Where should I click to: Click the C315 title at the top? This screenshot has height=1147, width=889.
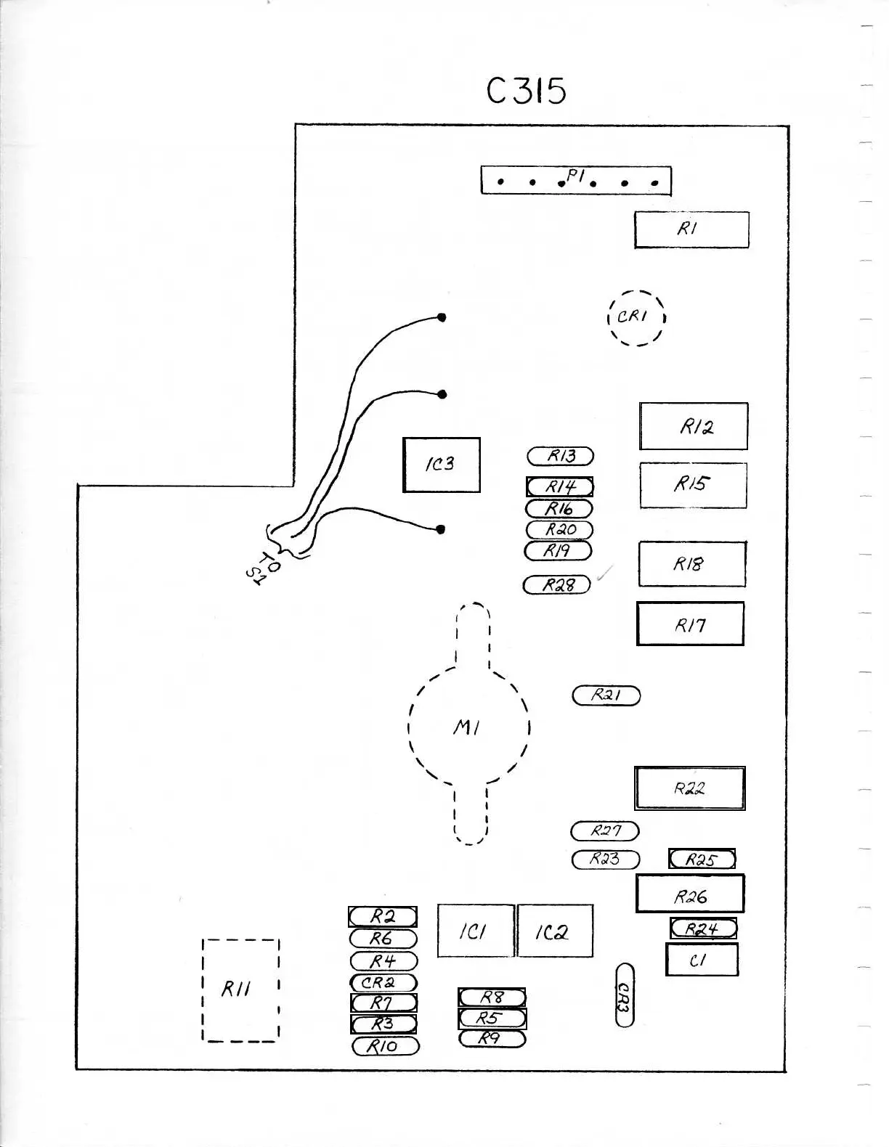tap(526, 91)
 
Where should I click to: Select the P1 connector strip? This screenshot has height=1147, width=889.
tap(575, 180)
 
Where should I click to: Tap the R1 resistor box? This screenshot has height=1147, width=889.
tap(691, 229)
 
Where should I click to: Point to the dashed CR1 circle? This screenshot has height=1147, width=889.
tap(636, 317)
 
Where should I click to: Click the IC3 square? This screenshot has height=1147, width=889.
tap(441, 465)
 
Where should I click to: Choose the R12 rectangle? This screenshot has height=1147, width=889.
tap(693, 426)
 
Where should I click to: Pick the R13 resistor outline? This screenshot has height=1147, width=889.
tap(560, 456)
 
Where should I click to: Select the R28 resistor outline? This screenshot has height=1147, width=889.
tap(557, 584)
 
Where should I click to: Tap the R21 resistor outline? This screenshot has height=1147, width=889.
tap(606, 695)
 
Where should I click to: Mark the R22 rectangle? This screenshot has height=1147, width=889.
tap(689, 788)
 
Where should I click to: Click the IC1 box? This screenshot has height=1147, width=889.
tap(475, 931)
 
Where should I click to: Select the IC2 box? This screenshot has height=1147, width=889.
tap(554, 931)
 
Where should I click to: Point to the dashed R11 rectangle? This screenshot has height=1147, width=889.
tap(240, 990)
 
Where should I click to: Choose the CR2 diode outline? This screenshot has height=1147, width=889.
tap(383, 982)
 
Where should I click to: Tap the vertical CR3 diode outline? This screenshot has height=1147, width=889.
tap(624, 995)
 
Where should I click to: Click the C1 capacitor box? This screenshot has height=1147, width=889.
tap(701, 960)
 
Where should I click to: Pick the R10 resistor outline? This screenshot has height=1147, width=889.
tap(385, 1046)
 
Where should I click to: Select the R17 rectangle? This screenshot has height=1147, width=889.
tap(690, 624)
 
